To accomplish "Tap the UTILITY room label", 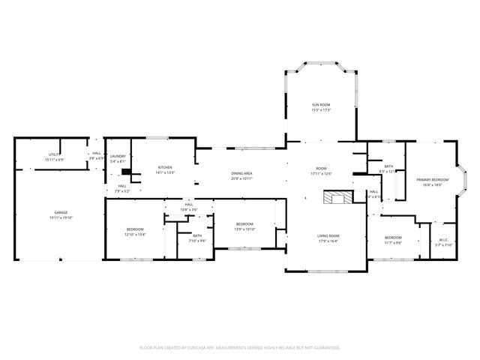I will tap(55, 154).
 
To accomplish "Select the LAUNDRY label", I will tap(118, 156).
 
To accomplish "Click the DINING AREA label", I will tap(241, 173).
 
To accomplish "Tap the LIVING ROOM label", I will tap(328, 235).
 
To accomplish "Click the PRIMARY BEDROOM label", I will tap(433, 179).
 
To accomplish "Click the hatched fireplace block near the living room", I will tap(335, 197).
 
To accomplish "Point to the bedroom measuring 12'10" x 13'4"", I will tap(135, 229).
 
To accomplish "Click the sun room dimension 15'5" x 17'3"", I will tap(321, 110).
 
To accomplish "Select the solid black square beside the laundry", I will tap(126, 172).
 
